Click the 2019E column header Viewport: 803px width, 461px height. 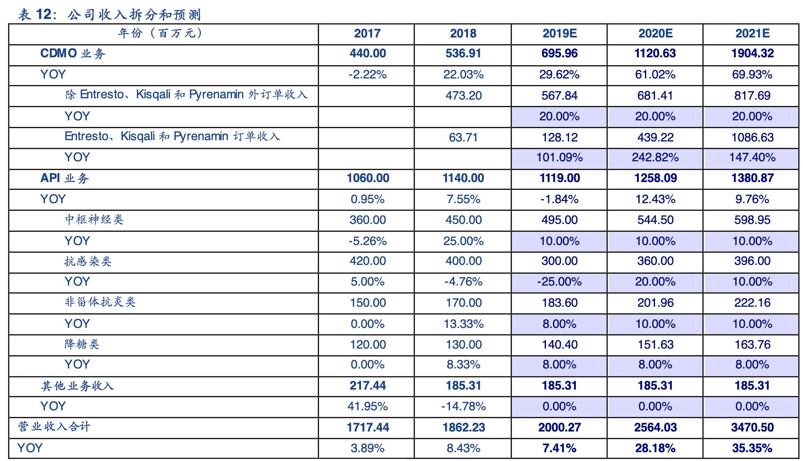[x=559, y=33]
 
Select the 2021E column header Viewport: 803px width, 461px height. [x=752, y=33]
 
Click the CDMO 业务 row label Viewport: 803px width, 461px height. [x=73, y=54]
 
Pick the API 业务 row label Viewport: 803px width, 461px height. [x=65, y=178]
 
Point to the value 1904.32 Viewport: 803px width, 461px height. [x=752, y=54]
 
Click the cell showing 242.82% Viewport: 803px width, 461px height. [x=655, y=157]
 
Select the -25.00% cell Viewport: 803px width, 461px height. [x=559, y=282]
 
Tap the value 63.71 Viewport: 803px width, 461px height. [x=463, y=137]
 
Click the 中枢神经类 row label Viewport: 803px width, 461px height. [x=94, y=219]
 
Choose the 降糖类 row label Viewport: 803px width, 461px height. [x=82, y=344]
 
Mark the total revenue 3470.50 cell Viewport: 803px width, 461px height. [x=752, y=427]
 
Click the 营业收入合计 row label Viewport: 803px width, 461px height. [x=54, y=427]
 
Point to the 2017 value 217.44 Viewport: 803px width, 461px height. [x=368, y=386]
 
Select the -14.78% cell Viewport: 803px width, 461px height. [x=463, y=406]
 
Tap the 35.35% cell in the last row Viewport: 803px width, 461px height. [x=752, y=448]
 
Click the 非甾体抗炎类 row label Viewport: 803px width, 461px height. [x=100, y=302]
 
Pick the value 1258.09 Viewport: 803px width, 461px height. [x=655, y=178]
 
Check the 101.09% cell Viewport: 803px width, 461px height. [x=559, y=157]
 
